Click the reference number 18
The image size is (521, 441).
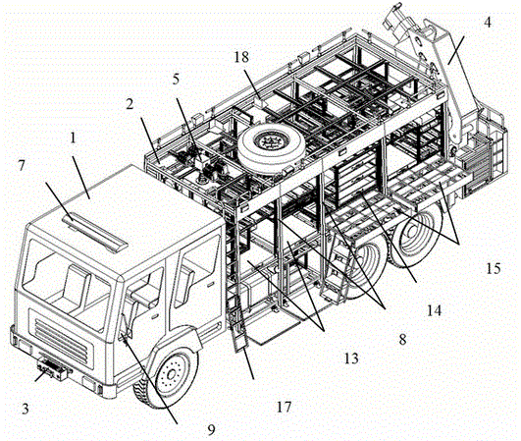click(241, 57)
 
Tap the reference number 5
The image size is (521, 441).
click(176, 80)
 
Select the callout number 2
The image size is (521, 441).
click(130, 104)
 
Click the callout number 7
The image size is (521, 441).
click(22, 165)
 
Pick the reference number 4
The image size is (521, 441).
click(487, 23)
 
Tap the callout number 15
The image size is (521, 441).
click(494, 268)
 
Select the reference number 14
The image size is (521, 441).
click(435, 310)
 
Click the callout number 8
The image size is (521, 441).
click(402, 340)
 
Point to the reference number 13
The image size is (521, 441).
click(351, 358)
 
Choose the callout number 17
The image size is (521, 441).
click(285, 407)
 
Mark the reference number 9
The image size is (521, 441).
click(211, 429)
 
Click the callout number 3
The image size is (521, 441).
click(26, 409)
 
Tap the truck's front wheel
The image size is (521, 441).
click(166, 375)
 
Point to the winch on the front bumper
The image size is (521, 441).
click(53, 368)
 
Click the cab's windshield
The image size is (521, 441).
click(66, 285)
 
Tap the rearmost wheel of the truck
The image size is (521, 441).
click(419, 233)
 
